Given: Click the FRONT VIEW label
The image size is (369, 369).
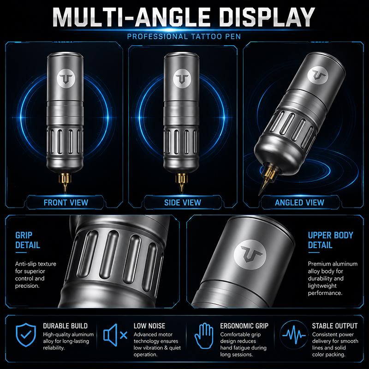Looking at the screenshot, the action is [x=65, y=202].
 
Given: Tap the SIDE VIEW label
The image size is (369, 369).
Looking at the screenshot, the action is [x=183, y=202].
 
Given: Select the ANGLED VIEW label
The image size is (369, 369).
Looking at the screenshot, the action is [x=299, y=202].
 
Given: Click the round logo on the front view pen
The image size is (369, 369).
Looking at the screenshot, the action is [x=66, y=78].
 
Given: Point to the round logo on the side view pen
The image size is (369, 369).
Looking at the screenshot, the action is [x=182, y=78].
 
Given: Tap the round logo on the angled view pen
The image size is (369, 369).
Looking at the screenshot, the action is [x=318, y=75].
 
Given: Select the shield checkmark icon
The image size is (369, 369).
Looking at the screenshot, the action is [x=26, y=335].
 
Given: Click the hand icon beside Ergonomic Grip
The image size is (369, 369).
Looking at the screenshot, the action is [x=204, y=336].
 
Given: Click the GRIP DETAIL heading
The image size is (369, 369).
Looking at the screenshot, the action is [x=28, y=240].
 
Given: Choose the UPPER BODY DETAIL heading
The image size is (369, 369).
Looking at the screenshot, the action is [x=331, y=240].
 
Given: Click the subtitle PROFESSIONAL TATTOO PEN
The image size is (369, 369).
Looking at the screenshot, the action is [x=184, y=37].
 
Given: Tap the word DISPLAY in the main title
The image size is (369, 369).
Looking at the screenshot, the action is [x=267, y=17].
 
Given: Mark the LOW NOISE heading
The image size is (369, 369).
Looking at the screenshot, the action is [x=149, y=326].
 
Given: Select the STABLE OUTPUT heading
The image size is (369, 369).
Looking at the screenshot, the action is [x=335, y=326].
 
